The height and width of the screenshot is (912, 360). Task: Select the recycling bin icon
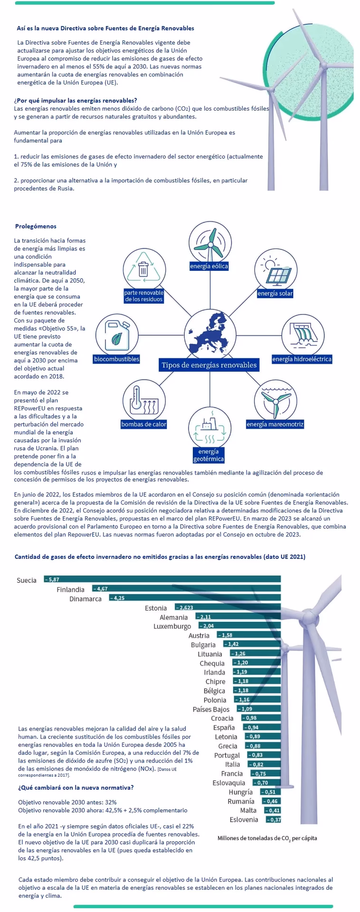143,268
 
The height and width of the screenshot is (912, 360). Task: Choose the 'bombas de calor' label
144,424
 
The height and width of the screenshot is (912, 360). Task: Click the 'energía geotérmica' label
208,455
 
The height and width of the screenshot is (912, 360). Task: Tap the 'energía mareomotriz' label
275,424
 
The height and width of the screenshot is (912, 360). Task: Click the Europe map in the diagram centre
209,333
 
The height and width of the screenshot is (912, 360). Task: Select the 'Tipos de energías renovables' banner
209,365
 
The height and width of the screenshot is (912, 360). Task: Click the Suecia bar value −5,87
52,579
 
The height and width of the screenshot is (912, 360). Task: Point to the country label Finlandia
70,589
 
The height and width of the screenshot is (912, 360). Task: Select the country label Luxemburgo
172,627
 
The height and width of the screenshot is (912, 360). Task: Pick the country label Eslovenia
244,819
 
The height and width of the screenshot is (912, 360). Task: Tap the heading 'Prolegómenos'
36,226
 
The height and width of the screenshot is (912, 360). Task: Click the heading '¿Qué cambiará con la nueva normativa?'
76,787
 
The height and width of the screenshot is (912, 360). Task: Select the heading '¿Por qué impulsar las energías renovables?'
76,100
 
